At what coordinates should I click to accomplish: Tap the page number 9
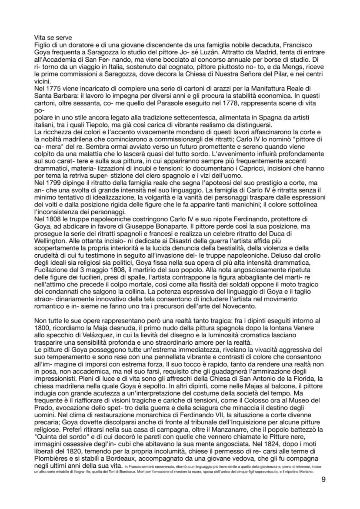tap(323, 479)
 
